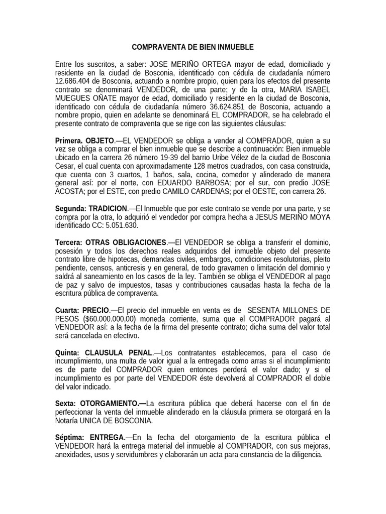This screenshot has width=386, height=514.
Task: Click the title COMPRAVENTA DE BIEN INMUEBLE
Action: [193, 47]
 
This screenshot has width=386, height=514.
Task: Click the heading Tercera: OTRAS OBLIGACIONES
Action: [111, 242]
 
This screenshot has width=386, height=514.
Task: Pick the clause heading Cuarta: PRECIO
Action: [82, 311]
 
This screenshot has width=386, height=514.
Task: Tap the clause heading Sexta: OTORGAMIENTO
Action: [100, 404]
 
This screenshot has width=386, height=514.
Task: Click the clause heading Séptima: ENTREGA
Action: [89, 438]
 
